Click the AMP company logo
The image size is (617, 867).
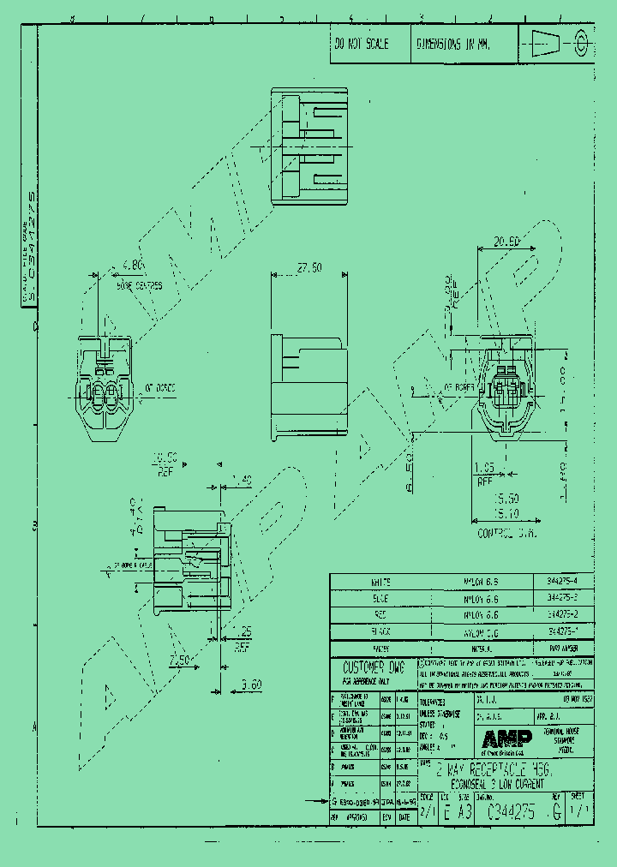506,738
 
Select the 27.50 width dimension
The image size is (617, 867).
308,267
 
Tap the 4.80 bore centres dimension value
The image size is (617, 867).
133,265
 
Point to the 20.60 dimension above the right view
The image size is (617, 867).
507,242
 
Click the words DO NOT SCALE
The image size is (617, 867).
362,43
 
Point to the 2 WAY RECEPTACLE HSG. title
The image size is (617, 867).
498,768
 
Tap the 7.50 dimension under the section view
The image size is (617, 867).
179,660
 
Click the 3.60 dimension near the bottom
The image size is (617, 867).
251,684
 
